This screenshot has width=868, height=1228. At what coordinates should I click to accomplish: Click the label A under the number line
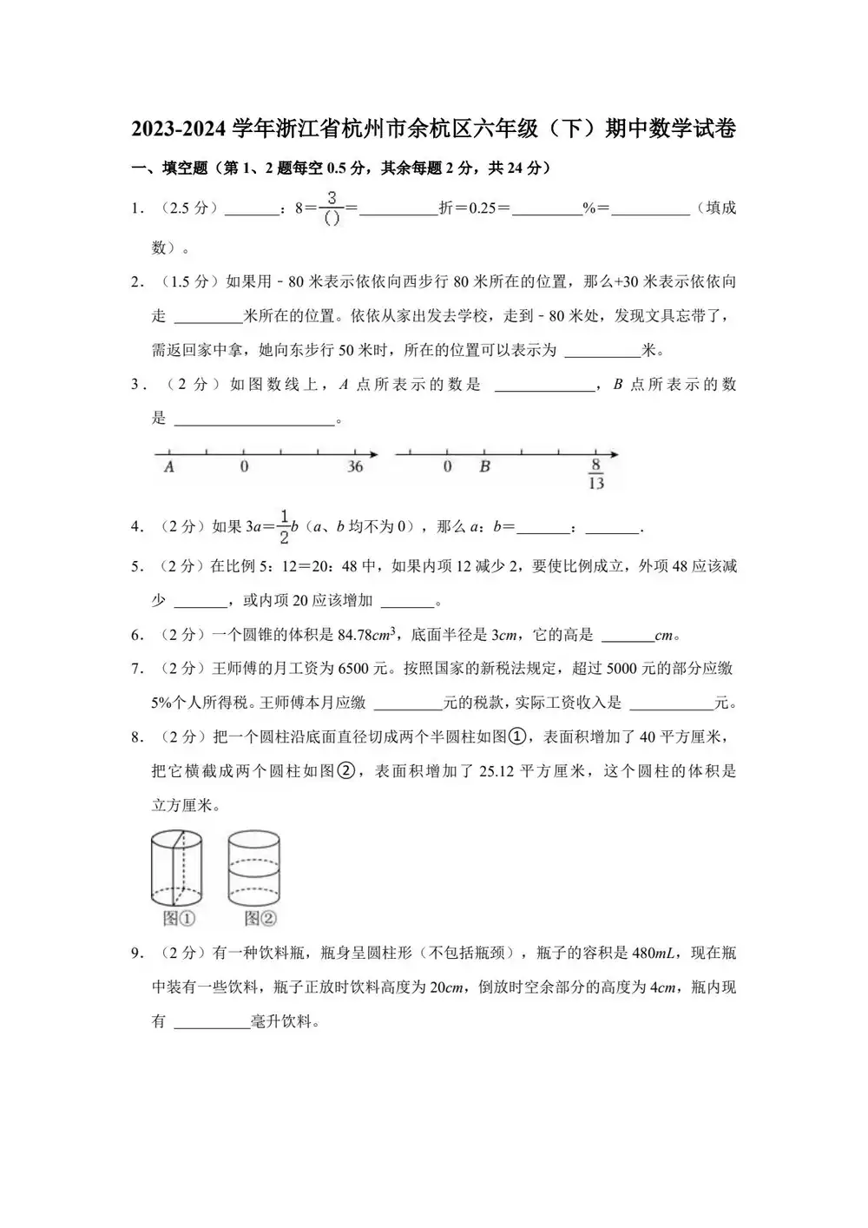point(169,467)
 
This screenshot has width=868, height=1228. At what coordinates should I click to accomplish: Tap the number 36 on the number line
point(355,467)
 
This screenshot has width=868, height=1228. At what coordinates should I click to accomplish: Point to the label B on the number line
point(484,467)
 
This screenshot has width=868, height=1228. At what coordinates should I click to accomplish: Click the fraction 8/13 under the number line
point(595,474)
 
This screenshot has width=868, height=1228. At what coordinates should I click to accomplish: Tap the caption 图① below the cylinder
point(179,918)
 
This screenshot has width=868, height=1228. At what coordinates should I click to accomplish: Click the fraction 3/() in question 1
point(332,208)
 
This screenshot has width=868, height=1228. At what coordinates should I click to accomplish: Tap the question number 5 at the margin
point(136,567)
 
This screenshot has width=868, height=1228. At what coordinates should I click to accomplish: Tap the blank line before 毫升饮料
point(212,1022)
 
